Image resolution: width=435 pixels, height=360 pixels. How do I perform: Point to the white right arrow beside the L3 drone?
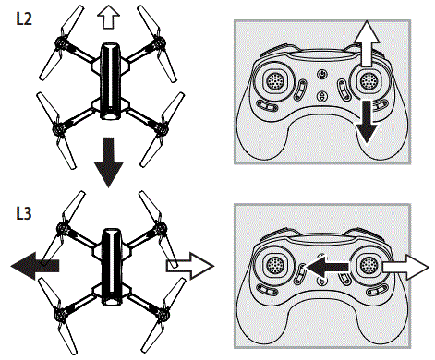coord(187,266)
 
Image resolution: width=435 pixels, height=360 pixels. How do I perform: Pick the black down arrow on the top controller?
coord(369,121)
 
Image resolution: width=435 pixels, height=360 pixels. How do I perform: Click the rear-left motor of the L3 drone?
coord(63,307)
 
